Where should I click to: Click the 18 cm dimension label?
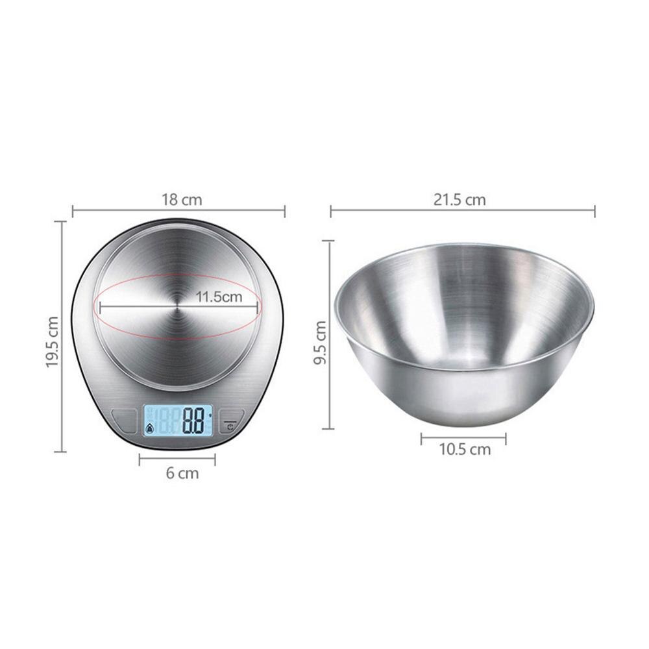pos(182,199)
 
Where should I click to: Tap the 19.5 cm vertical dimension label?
pos(53,342)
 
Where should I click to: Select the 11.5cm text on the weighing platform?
pos(218,297)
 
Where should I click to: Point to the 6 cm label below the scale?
pos(182,474)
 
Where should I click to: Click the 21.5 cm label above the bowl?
pos(459,199)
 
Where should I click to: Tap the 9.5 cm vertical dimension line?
pos(331,389)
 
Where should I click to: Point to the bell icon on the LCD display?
pos(150,428)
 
